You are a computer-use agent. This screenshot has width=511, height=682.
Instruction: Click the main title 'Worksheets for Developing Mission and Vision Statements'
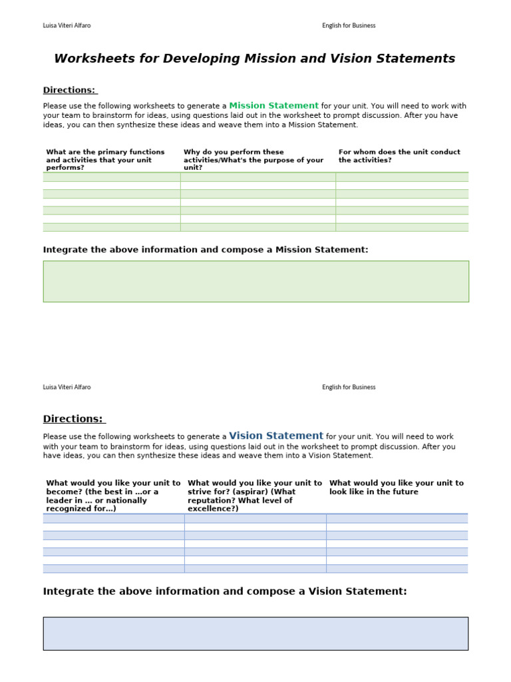point(255,59)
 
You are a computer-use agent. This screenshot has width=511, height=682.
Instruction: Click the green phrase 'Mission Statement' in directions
point(273,105)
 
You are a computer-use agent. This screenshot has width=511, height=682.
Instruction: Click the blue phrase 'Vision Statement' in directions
point(276,436)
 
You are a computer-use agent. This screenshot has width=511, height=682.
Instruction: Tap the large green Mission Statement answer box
point(255,281)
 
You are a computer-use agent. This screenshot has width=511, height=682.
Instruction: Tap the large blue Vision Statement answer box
point(255,633)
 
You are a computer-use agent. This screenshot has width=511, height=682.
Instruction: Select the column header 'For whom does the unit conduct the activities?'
point(399,156)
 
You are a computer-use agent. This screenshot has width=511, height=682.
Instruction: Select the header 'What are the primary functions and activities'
point(105,160)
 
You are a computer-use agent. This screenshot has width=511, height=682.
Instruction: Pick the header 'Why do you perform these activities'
point(254,160)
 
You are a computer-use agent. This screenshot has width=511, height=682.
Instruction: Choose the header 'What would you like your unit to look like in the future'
point(397,487)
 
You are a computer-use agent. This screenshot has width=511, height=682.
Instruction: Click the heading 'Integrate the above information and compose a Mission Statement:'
point(206,250)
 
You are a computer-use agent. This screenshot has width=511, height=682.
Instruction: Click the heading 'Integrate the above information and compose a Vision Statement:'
point(225,591)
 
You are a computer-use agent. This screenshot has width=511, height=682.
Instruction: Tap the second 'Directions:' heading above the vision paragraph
point(73,419)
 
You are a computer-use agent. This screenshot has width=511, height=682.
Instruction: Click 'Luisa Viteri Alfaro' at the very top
point(67,26)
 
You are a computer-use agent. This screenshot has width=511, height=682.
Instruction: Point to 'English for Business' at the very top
point(349,26)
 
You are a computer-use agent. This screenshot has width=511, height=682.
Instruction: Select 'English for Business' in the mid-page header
point(349,387)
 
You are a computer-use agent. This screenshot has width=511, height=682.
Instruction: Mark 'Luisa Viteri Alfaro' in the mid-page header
point(67,387)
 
